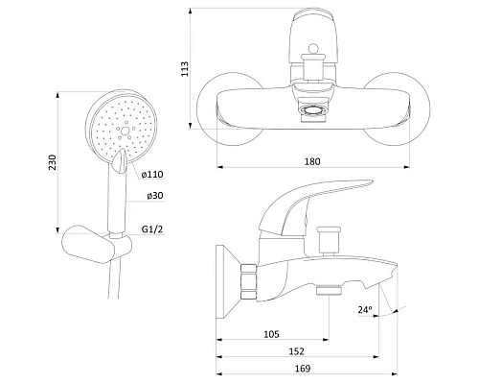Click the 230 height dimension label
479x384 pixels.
(53, 162)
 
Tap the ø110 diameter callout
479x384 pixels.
(152, 175)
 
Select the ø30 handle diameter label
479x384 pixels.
(155, 196)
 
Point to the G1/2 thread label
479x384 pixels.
(152, 229)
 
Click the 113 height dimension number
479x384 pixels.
(185, 69)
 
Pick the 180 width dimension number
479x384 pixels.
(312, 161)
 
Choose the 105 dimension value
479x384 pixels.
(271, 334)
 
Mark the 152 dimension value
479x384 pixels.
(297, 351)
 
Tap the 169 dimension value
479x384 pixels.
(303, 369)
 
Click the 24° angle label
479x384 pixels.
(365, 310)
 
